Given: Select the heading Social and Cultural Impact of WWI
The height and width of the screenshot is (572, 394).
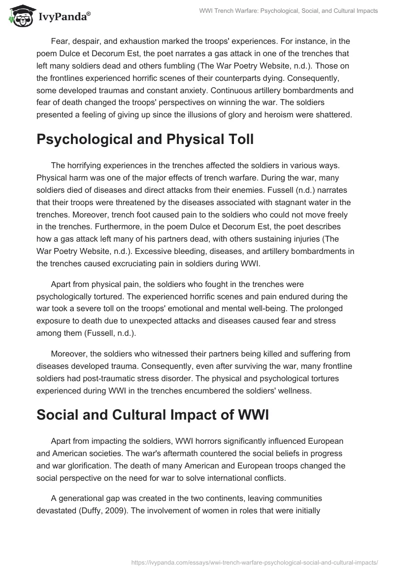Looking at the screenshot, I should click(152, 415).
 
